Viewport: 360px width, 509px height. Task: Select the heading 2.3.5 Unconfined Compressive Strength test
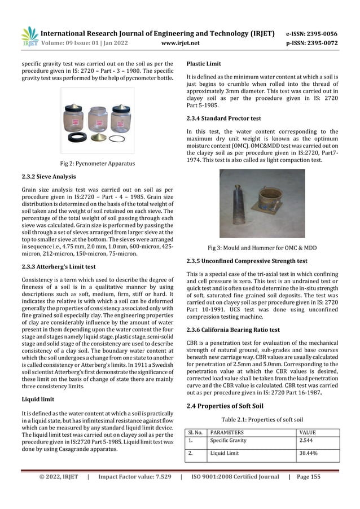247,261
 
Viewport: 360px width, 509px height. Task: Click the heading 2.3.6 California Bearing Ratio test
233,330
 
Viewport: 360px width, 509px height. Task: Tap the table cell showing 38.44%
309,453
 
